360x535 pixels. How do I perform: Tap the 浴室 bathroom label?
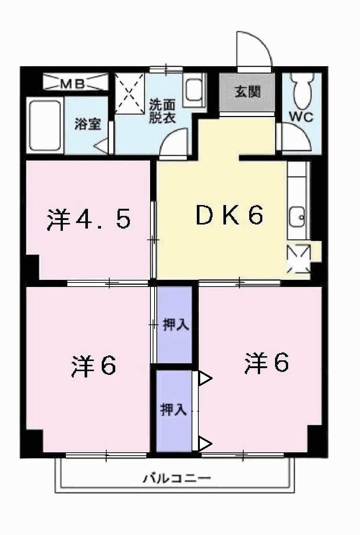click(88, 124)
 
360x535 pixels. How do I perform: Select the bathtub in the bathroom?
click(45, 126)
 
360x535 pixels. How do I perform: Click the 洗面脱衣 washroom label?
click(162, 111)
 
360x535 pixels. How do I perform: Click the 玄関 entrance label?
click(247, 92)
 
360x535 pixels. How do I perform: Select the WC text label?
click(301, 117)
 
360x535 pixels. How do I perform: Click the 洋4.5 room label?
click(89, 220)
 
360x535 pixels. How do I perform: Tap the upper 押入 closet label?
click(176, 325)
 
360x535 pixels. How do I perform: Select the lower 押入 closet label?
click(173, 410)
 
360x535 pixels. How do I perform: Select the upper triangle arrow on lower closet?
click(204, 378)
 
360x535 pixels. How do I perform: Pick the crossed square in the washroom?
click(129, 93)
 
